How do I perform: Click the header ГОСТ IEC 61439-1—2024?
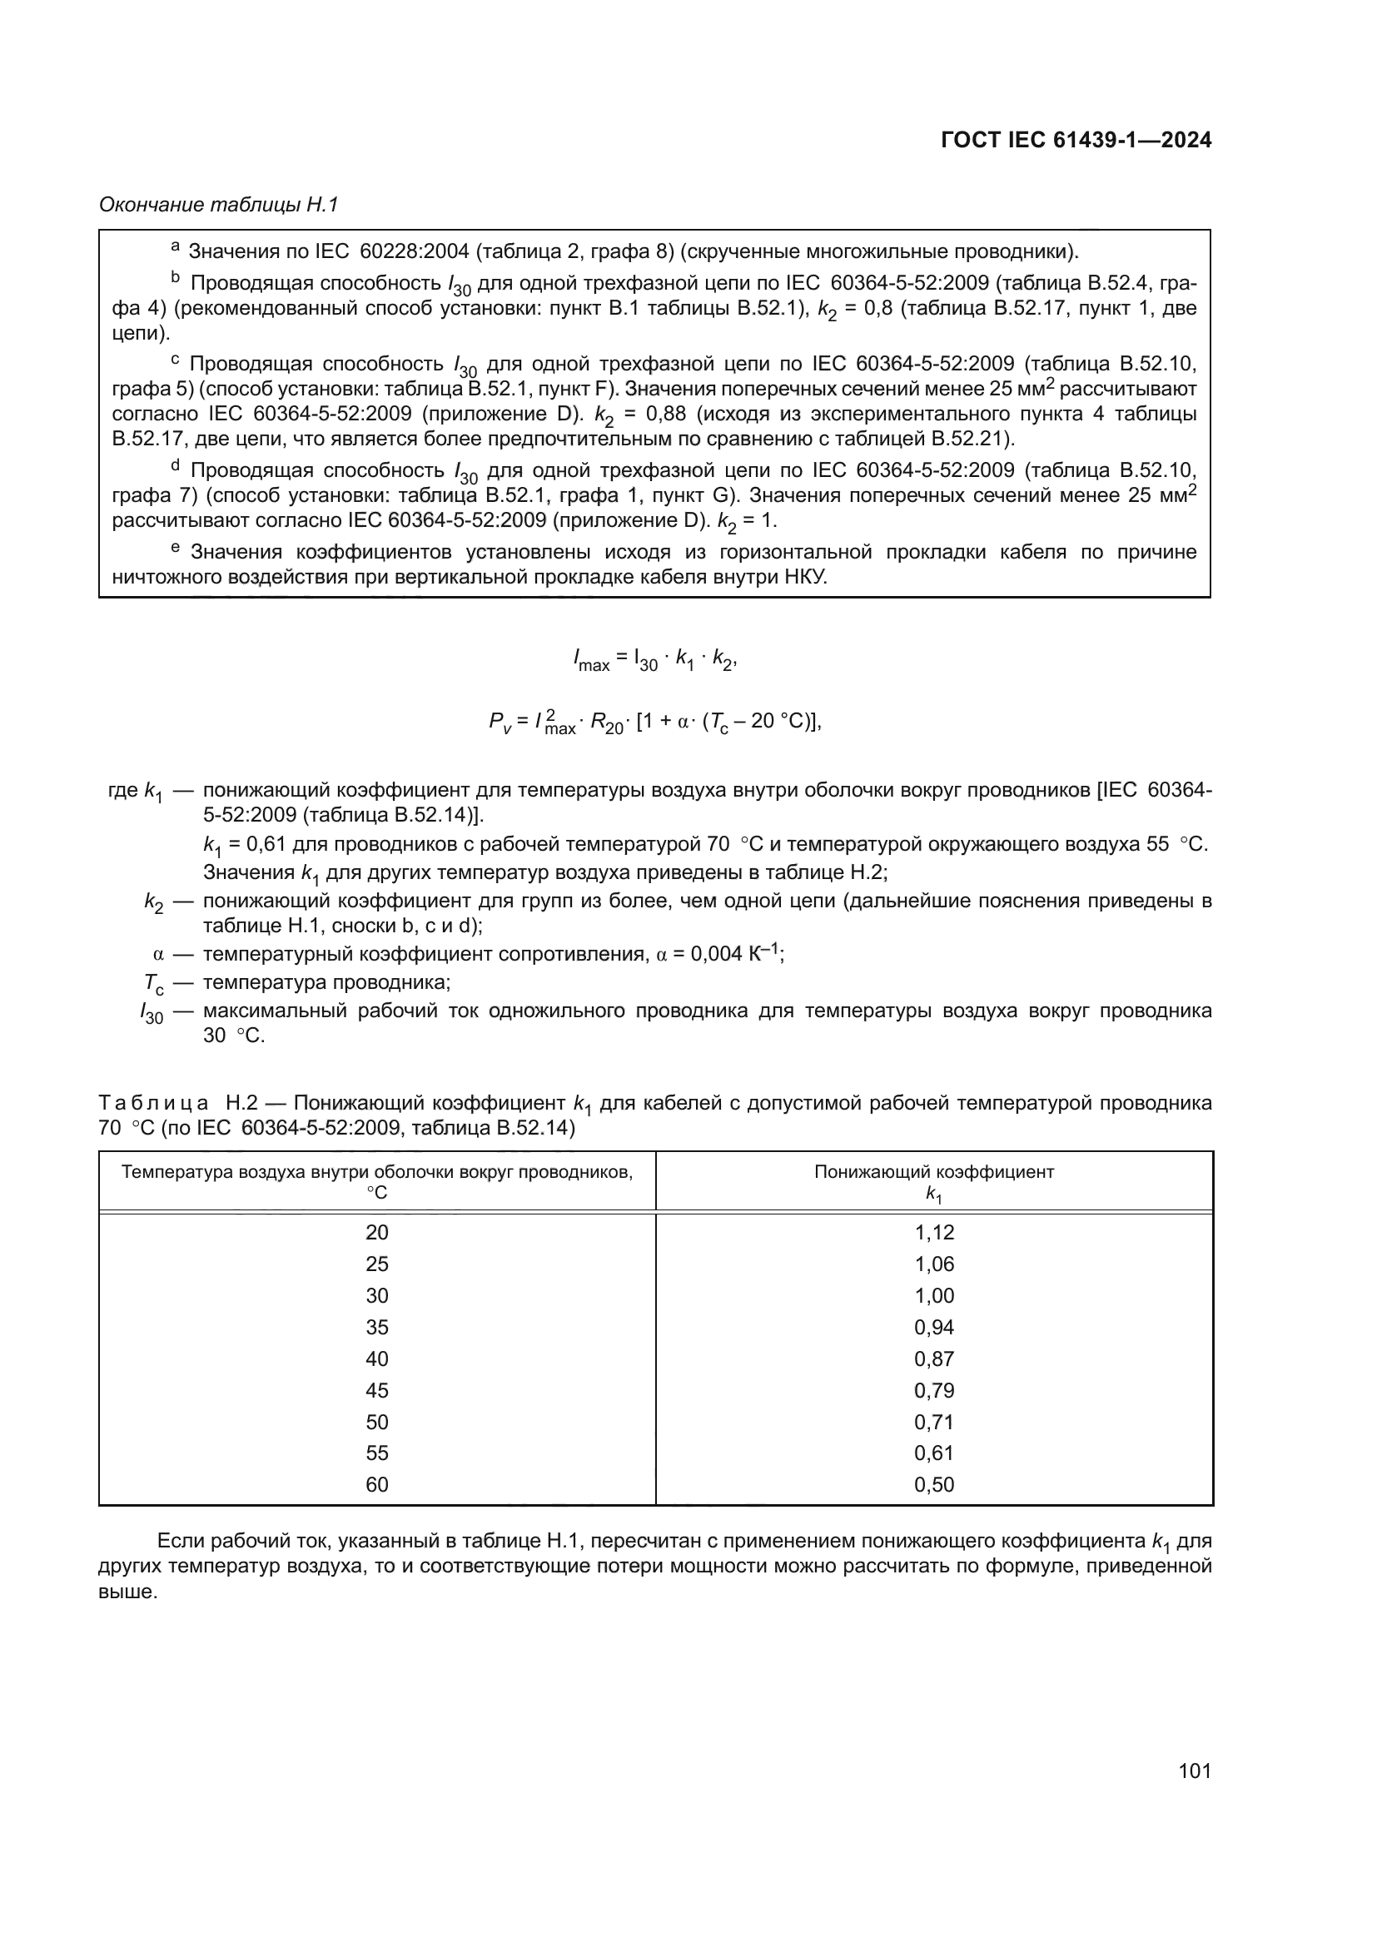(x=1075, y=141)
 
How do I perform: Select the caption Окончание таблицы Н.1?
(x=219, y=206)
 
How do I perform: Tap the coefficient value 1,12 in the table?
(x=933, y=1233)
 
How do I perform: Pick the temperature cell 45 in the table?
(x=376, y=1391)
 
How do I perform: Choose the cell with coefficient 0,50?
(x=933, y=1485)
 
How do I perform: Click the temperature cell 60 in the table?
(x=376, y=1485)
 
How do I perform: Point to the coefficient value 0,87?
(x=933, y=1359)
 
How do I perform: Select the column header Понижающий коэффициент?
(x=933, y=1173)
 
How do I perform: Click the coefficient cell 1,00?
(x=933, y=1296)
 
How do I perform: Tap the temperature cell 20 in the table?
(x=376, y=1233)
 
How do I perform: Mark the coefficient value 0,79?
(x=933, y=1391)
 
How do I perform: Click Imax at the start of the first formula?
(x=591, y=659)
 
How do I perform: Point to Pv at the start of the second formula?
(x=500, y=723)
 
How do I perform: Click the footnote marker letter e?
(x=176, y=549)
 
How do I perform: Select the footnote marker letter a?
(x=176, y=247)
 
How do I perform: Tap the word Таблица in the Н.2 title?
(x=153, y=1103)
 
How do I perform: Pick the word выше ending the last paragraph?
(x=127, y=1592)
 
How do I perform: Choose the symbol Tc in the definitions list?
(x=153, y=985)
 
